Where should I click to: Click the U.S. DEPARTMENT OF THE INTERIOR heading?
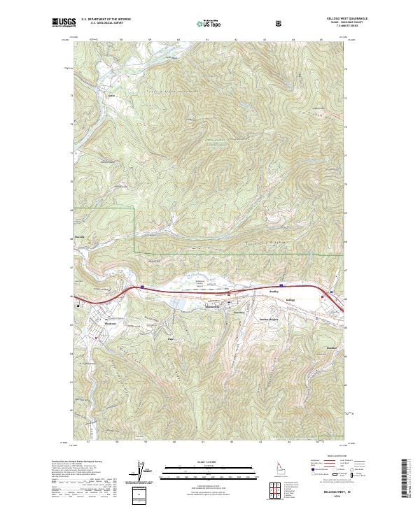[106, 19]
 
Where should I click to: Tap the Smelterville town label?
[193, 308]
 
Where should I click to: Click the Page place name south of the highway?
[170, 338]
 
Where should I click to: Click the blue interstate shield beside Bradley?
[281, 285]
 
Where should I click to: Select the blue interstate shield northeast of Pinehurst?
[141, 286]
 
